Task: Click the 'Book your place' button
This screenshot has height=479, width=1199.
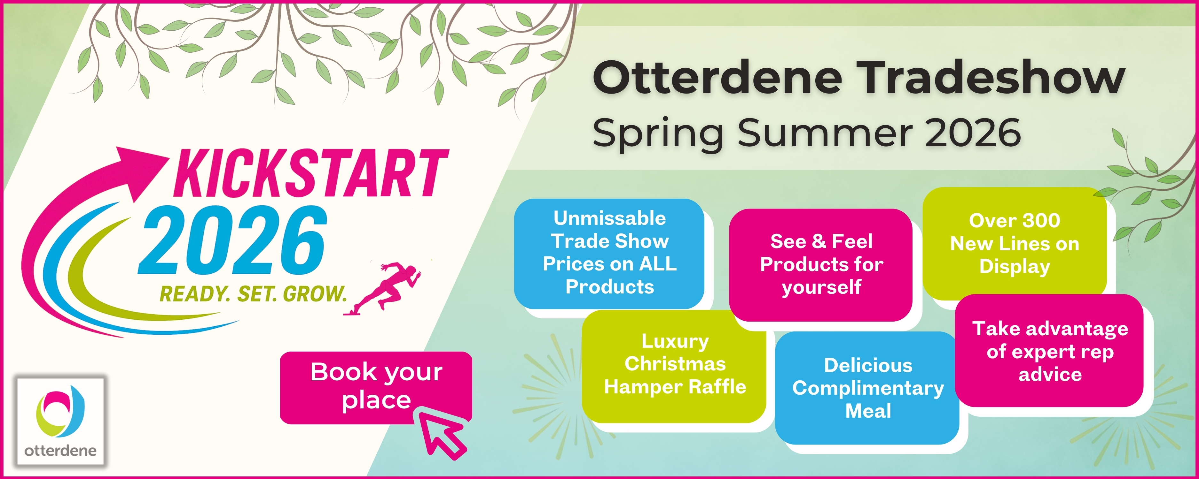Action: pyautogui.click(x=376, y=387)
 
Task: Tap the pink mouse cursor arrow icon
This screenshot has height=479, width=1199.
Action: pyautogui.click(x=442, y=433)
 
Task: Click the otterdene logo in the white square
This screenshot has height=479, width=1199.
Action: pyautogui.click(x=60, y=421)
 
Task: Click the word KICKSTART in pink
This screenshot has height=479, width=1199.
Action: pyautogui.click(x=311, y=173)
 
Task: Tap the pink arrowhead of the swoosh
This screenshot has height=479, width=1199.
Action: pyautogui.click(x=140, y=172)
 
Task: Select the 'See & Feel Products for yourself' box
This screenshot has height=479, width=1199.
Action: pyautogui.click(x=820, y=265)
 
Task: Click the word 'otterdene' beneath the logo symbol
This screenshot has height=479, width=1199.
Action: pyautogui.click(x=60, y=451)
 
